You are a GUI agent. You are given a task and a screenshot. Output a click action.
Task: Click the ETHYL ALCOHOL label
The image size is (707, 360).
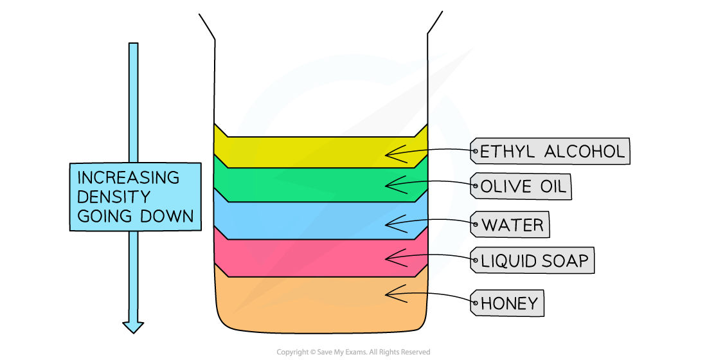(551, 152)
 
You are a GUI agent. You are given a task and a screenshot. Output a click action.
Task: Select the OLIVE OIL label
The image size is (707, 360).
(523, 187)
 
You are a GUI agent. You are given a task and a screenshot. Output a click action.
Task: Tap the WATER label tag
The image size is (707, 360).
(512, 225)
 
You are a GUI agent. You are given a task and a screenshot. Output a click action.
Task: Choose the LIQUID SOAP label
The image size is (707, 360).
(533, 261)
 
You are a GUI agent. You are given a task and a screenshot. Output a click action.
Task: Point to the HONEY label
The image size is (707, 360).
(509, 303)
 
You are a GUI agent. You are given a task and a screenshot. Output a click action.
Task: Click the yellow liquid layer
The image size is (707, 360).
(309, 152)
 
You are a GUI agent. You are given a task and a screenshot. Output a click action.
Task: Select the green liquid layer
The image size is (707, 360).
(309, 184)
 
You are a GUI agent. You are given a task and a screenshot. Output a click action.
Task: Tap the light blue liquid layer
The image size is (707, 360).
(309, 221)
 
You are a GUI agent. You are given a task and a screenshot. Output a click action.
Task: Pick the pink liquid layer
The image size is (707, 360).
(309, 258)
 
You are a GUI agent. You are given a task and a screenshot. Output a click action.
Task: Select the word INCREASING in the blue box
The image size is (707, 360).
(120, 177)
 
